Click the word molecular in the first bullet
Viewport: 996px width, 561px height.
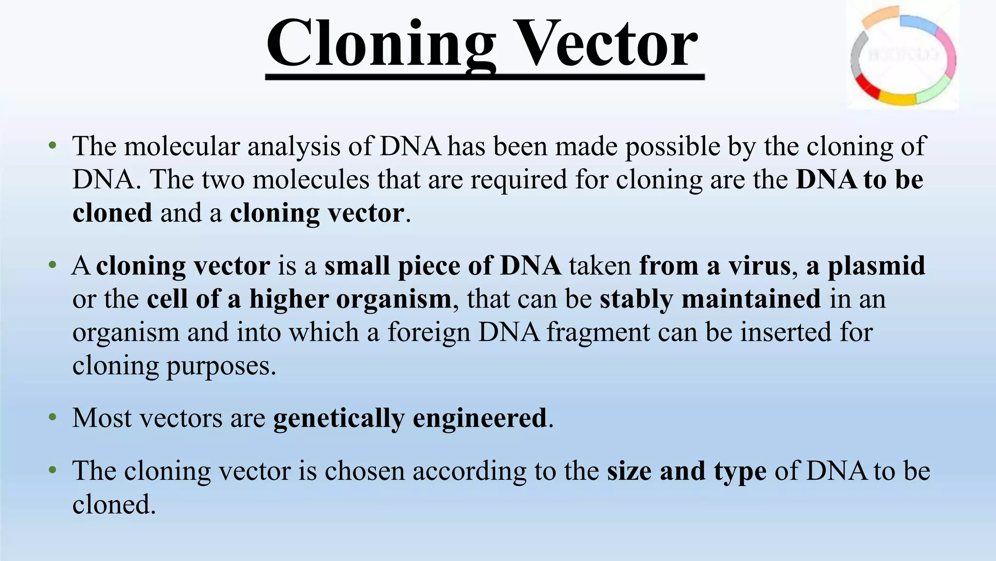click(x=182, y=146)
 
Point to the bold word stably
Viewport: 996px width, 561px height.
click(x=637, y=299)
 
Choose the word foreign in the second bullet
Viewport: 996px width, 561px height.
click(x=429, y=332)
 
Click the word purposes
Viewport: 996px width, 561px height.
click(x=221, y=366)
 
